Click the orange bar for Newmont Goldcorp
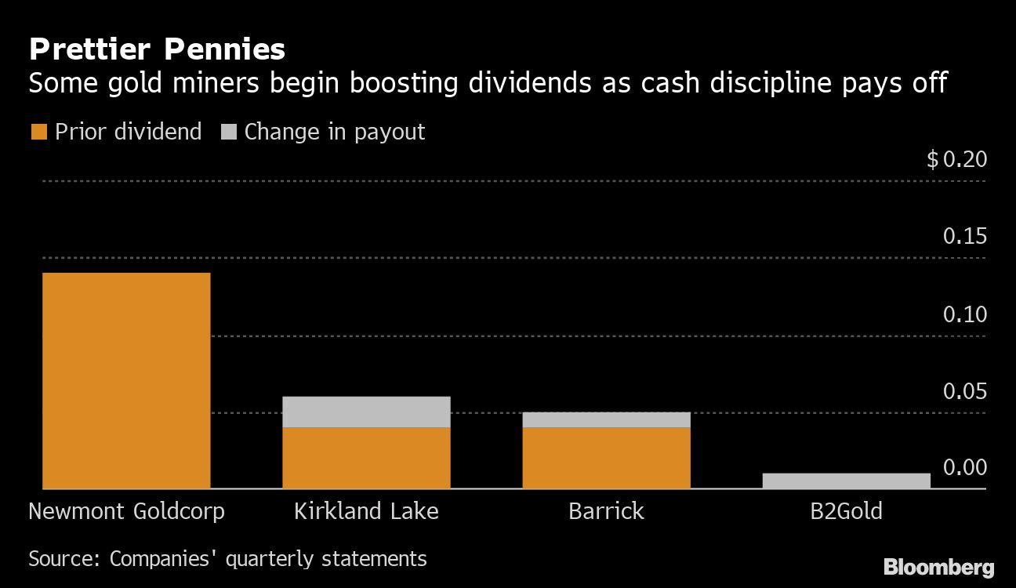click(x=126, y=380)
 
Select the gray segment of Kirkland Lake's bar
click(x=366, y=412)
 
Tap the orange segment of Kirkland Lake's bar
click(x=366, y=458)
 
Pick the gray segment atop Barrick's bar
click(x=606, y=419)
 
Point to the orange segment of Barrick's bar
click(x=606, y=458)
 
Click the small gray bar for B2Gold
click(x=846, y=481)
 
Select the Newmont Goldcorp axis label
click(x=126, y=512)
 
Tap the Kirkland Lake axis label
click(x=366, y=512)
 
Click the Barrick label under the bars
click(x=606, y=512)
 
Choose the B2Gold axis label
click(x=846, y=512)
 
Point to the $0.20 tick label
click(x=956, y=160)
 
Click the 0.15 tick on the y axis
click(x=964, y=237)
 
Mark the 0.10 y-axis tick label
click(x=964, y=314)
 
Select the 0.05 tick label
click(x=964, y=391)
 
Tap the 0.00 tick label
click(x=964, y=468)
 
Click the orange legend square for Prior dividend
click(x=38, y=132)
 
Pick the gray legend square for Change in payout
click(x=228, y=132)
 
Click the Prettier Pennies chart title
click(x=157, y=50)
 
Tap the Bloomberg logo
click(x=938, y=568)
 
